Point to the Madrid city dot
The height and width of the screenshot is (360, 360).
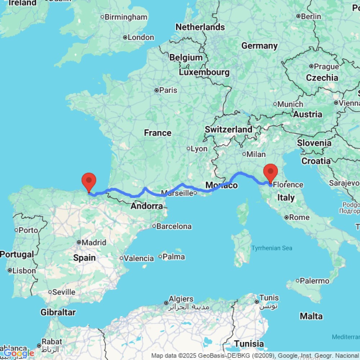79,243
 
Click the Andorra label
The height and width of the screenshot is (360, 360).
147,206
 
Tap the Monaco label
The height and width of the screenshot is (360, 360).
221,185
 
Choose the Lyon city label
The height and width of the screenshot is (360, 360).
199,149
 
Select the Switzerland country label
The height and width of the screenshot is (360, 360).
229,129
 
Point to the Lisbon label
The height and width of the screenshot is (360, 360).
24,271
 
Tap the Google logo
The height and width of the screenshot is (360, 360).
19,354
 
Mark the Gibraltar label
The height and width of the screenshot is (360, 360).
58,312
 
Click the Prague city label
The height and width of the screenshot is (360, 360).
326,67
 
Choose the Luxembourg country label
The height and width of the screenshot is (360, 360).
204,72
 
